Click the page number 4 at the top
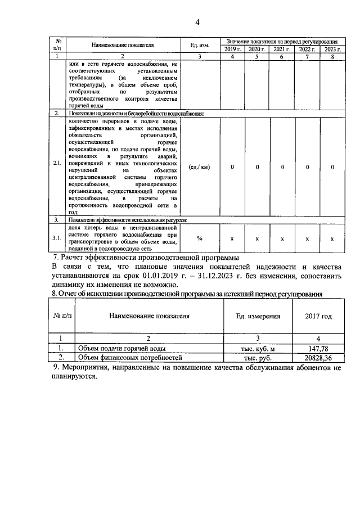(197, 22)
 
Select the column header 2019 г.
(232, 49)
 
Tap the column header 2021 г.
(282, 49)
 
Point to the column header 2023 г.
(332, 49)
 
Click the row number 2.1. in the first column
(57, 167)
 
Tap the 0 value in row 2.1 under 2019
(232, 167)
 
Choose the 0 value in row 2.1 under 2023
(332, 167)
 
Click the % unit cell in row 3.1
(199, 238)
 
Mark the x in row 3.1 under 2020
(257, 238)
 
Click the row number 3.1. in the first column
(57, 238)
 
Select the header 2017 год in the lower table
(318, 316)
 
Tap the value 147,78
(318, 348)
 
